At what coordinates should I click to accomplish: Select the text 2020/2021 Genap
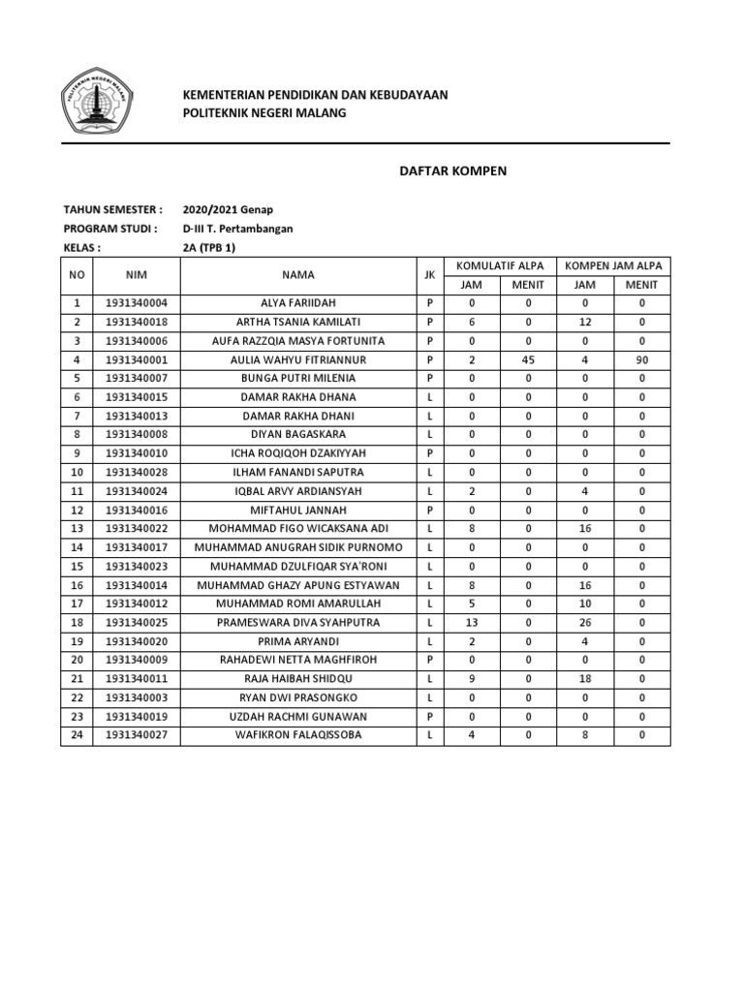coord(229,209)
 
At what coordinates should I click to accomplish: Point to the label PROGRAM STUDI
coord(110,229)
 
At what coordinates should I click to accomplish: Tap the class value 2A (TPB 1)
coord(209,247)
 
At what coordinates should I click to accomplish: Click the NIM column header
coord(136,275)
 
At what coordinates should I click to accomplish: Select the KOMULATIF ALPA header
coord(499,265)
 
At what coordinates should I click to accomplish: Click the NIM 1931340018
coord(137,322)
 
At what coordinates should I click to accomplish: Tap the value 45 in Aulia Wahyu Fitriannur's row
coord(528,359)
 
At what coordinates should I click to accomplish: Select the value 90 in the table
coord(640,359)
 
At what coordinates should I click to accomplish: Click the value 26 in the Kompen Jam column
coord(584,623)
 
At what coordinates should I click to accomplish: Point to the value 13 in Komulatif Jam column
coord(471,623)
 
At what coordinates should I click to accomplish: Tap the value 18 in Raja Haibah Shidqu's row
coord(584,679)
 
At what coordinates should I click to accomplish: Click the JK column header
coord(428,275)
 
